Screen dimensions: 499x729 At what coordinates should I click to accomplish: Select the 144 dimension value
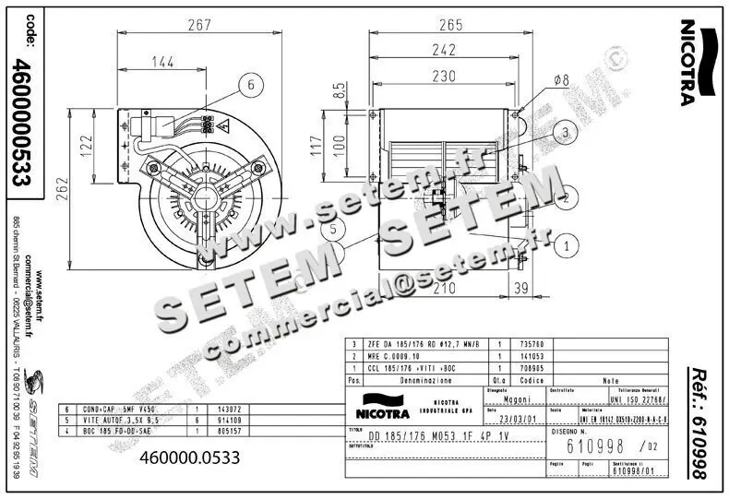pyautogui.click(x=162, y=62)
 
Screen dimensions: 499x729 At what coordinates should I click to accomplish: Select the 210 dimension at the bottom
pyautogui.click(x=446, y=290)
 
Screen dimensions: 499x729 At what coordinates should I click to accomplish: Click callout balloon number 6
pyautogui.click(x=249, y=85)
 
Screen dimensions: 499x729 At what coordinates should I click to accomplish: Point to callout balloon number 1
pyautogui.click(x=568, y=244)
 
